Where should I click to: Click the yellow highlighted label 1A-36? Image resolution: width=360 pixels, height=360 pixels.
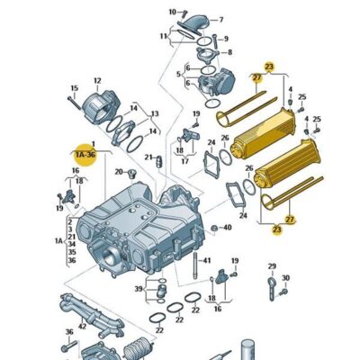[85, 154]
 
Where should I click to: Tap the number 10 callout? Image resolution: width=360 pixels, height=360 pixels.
[173, 13]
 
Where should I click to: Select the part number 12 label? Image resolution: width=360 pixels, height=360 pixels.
[97, 81]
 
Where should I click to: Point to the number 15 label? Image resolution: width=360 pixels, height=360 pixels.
[75, 88]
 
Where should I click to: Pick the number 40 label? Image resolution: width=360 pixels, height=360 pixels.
[227, 228]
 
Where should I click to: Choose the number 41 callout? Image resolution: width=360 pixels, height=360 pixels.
[207, 260]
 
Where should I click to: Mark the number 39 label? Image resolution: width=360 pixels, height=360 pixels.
[139, 289]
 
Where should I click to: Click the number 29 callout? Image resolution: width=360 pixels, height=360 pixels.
[272, 265]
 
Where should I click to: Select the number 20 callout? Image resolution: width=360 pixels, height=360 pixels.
[118, 171]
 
